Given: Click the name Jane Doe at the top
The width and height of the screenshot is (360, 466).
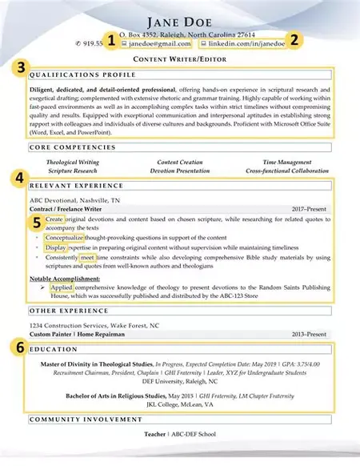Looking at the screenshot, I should click(x=179, y=21).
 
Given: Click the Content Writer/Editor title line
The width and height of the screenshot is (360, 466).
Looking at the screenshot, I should click(x=179, y=60).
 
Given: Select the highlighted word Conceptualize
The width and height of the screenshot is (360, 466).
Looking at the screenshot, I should click(x=68, y=238).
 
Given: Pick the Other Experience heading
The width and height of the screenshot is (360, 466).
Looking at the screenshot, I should click(x=63, y=309).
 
